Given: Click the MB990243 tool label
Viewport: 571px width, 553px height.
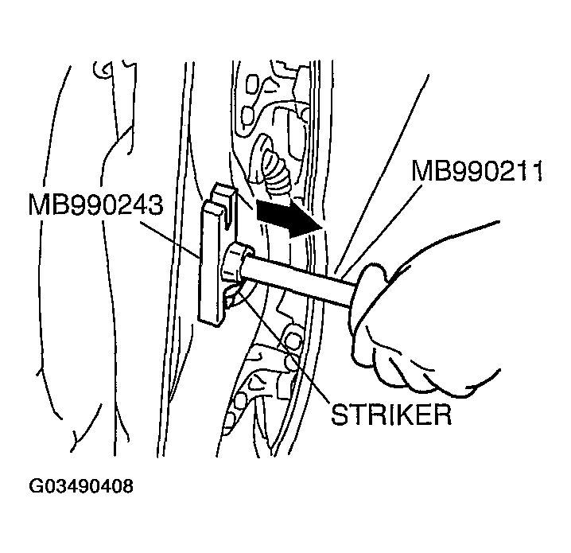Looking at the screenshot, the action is coord(95,204).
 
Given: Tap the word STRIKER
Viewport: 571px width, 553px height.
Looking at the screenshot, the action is coord(391,415).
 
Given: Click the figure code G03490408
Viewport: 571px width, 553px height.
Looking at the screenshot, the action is coord(81,486).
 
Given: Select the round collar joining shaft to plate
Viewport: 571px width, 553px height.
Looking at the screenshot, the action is coord(236,263).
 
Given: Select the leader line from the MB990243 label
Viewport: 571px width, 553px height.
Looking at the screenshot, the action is coord(169,238).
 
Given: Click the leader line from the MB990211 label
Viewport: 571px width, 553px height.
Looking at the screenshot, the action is coord(383,229).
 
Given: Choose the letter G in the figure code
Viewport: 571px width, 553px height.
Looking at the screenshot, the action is coord(35,486).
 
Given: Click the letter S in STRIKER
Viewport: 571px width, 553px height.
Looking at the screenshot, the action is coord(339,415).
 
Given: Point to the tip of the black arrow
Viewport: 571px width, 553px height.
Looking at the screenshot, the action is coord(323,228).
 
